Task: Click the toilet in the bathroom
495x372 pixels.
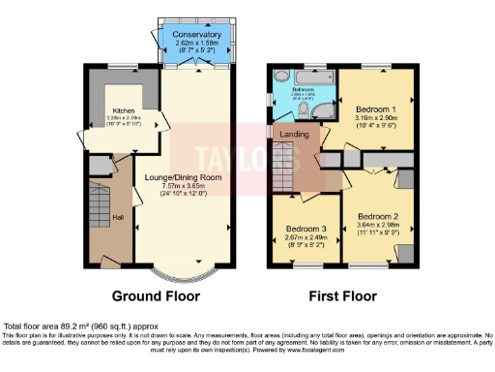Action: (x=279, y=78)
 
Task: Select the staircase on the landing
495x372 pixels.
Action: (x=282, y=164)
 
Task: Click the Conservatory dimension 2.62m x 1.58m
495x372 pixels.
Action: (x=196, y=45)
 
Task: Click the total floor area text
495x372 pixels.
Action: (x=81, y=326)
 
